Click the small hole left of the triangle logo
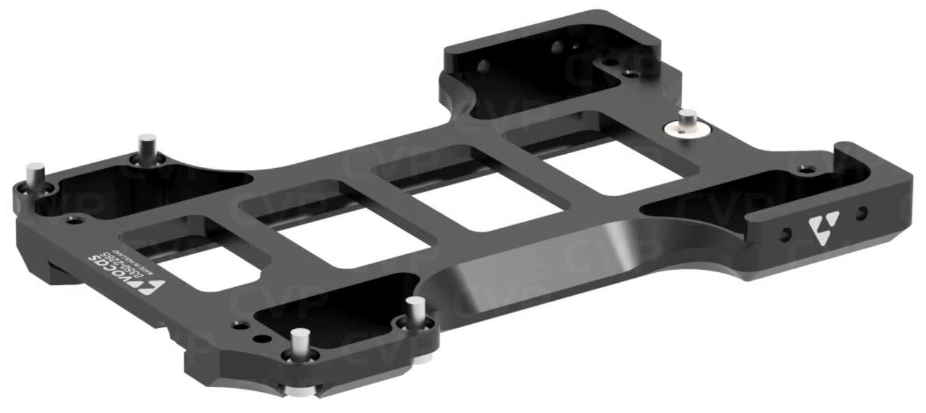pos(786,235)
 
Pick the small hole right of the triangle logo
pos(860,215)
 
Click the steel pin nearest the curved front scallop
pos(415,311)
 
